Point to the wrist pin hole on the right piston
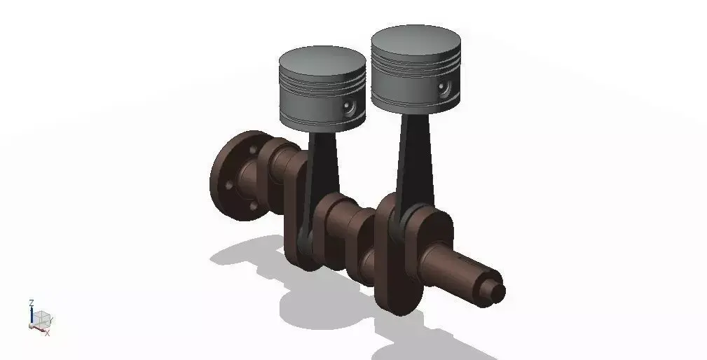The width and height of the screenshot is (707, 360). (443, 88)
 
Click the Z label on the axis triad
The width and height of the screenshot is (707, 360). (32, 303)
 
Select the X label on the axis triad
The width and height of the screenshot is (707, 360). (47, 333)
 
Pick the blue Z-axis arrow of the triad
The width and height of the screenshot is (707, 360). (32, 315)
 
